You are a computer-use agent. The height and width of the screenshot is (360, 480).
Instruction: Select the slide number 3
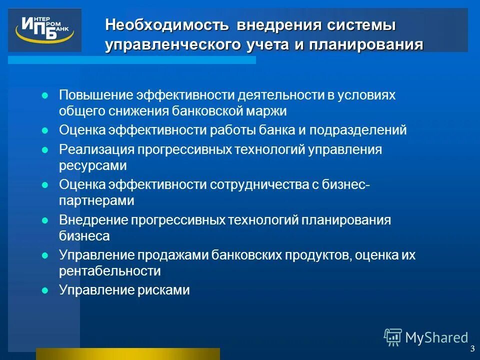click(x=472, y=349)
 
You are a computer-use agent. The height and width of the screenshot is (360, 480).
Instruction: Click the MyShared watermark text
click(x=436, y=338)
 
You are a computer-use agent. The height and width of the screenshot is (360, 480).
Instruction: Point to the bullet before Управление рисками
click(x=44, y=289)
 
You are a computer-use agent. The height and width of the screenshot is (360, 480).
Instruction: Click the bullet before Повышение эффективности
click(x=44, y=95)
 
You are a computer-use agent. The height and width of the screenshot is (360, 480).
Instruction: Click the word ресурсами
click(x=93, y=165)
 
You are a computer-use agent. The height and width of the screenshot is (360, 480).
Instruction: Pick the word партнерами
click(x=97, y=200)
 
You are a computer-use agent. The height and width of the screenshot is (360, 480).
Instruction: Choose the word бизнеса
click(x=84, y=235)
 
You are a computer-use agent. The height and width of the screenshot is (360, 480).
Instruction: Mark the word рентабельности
click(x=110, y=271)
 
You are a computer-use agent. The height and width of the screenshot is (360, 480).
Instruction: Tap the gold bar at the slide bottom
click(x=128, y=353)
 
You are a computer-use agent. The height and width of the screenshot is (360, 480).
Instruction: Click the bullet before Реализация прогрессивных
click(x=44, y=149)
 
